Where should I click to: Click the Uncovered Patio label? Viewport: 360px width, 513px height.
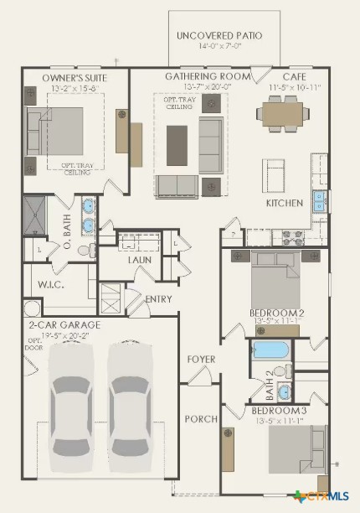(219, 36)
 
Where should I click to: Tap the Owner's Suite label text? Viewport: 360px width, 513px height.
(75, 78)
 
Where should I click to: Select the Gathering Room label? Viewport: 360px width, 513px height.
(208, 76)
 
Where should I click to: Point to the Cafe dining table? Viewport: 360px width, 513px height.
(283, 112)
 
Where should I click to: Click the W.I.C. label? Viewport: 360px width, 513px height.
(51, 284)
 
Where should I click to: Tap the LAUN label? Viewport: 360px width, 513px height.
(139, 260)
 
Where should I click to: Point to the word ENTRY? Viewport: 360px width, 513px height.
(159, 299)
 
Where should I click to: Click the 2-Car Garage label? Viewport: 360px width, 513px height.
(64, 324)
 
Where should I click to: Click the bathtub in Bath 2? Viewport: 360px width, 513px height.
(270, 350)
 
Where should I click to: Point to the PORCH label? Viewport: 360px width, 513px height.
(201, 418)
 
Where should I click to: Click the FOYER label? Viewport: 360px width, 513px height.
(201, 360)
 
